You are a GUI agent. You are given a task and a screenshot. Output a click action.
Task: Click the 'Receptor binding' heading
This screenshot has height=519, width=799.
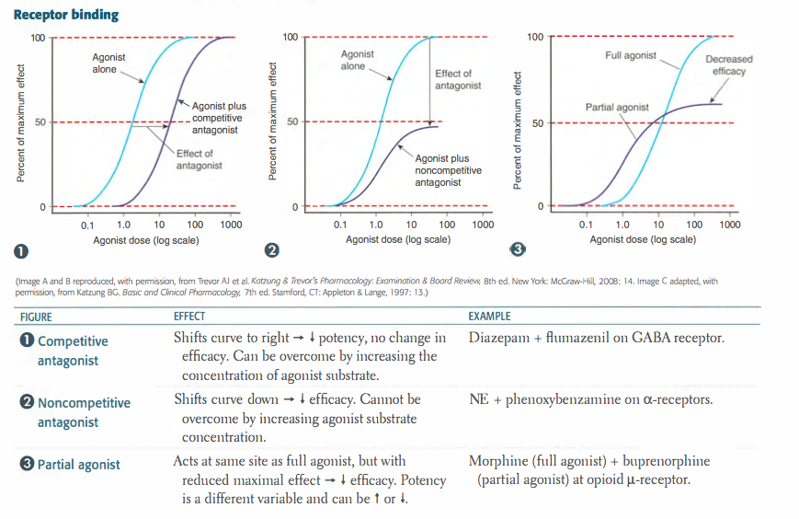click(66, 15)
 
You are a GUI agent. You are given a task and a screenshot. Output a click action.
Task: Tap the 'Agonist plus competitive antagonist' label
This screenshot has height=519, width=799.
click(219, 118)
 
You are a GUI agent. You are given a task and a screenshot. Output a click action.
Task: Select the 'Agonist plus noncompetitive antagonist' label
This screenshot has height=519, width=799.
click(448, 170)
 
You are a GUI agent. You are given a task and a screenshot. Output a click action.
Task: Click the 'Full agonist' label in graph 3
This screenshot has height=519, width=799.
click(631, 55)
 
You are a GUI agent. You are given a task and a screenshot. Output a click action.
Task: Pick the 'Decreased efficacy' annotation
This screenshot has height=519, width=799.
click(728, 64)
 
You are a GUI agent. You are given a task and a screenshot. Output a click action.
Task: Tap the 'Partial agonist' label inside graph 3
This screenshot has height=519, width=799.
click(617, 108)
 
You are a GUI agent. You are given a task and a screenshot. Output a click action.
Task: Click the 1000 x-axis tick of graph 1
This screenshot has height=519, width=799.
click(230, 225)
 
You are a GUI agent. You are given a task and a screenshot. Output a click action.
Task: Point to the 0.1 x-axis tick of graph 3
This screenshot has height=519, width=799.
click(586, 225)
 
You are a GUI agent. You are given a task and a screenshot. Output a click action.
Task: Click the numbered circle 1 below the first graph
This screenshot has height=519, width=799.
click(18, 250)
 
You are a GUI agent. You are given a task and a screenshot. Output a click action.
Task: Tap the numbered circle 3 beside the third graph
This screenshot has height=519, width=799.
click(518, 249)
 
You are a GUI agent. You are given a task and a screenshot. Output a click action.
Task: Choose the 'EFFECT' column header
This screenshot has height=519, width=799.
click(189, 317)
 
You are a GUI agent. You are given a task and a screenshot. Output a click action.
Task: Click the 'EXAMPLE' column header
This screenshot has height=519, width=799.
click(489, 317)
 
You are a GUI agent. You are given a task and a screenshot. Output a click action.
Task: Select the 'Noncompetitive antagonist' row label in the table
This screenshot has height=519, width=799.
click(84, 412)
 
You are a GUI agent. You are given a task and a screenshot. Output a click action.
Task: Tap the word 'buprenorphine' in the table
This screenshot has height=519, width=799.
click(668, 460)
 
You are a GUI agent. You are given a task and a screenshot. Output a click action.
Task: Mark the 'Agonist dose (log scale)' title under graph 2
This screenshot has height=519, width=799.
click(398, 239)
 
